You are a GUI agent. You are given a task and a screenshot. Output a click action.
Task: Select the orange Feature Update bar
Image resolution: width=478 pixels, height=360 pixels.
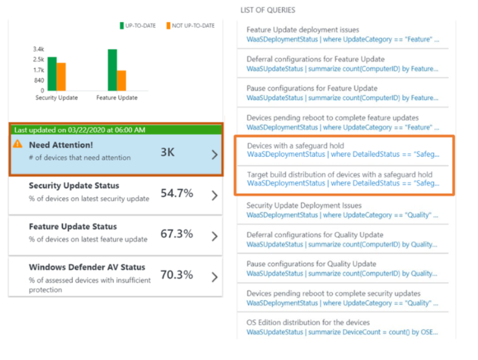pos(122,80)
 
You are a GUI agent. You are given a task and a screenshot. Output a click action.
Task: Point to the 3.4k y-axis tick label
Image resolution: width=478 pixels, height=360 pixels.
pos(39,49)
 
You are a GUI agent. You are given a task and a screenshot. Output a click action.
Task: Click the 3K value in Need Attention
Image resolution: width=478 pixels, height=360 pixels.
pos(167,153)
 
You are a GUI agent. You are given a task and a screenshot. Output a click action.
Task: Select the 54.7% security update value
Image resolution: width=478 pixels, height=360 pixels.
pos(176,193)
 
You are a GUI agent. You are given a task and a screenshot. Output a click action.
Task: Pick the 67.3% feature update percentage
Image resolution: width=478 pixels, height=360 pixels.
pos(176,234)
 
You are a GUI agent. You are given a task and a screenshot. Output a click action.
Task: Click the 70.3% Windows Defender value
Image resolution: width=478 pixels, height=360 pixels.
pos(176,274)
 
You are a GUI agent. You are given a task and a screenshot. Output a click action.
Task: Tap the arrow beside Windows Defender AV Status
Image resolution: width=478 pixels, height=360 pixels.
pos(214,277)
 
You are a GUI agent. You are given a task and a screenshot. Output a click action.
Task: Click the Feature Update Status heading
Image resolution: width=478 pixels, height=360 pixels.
pos(73,226)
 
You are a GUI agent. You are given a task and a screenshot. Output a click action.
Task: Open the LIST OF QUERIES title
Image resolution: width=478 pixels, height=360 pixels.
pos(268,11)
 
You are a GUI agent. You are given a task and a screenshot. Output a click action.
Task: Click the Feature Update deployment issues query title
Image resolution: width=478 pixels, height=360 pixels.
pos(302,30)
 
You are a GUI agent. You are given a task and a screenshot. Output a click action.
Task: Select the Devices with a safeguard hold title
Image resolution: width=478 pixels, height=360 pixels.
pos(295,145)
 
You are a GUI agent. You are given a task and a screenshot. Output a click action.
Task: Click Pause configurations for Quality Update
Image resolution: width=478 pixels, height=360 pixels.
pos(313,264)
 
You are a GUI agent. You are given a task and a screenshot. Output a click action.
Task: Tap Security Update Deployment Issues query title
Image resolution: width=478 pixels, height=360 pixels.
pos(304,205)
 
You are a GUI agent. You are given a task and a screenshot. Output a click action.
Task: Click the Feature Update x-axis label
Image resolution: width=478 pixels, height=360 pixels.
pos(117,98)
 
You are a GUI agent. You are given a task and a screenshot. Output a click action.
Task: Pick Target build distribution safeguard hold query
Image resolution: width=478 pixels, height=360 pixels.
pos(340,174)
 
